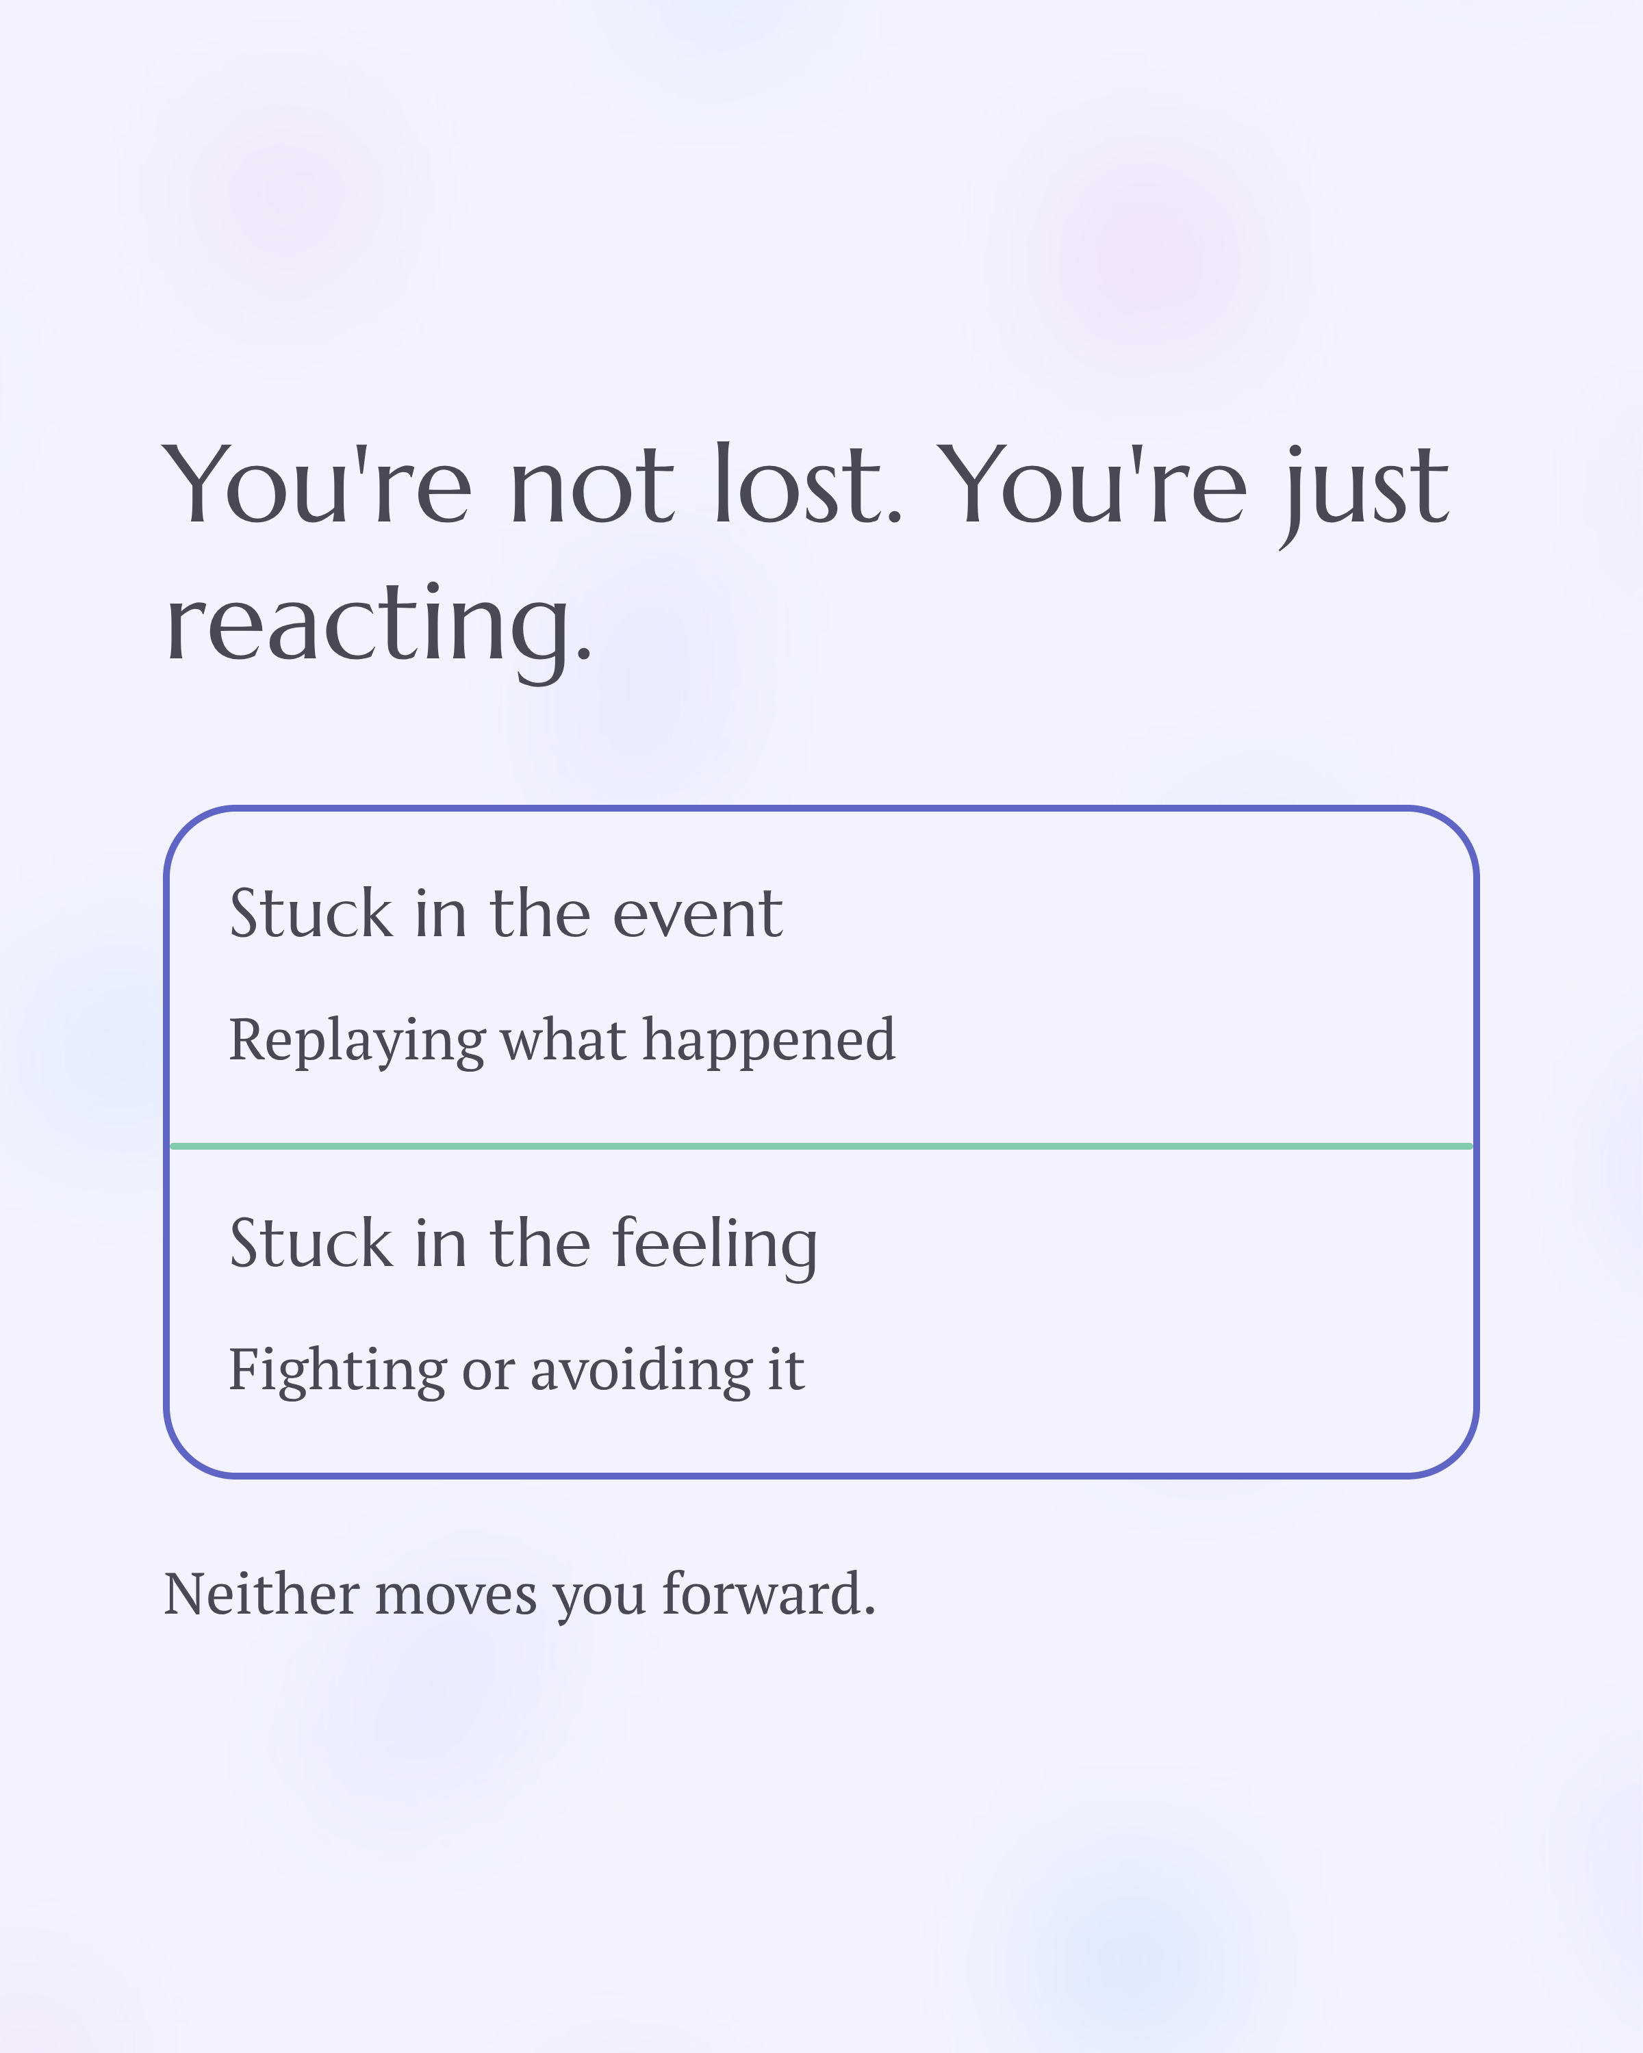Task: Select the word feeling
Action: (714, 1245)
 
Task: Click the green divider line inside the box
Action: (821, 1146)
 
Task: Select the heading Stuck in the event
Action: (506, 914)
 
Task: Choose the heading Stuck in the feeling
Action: (523, 1245)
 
